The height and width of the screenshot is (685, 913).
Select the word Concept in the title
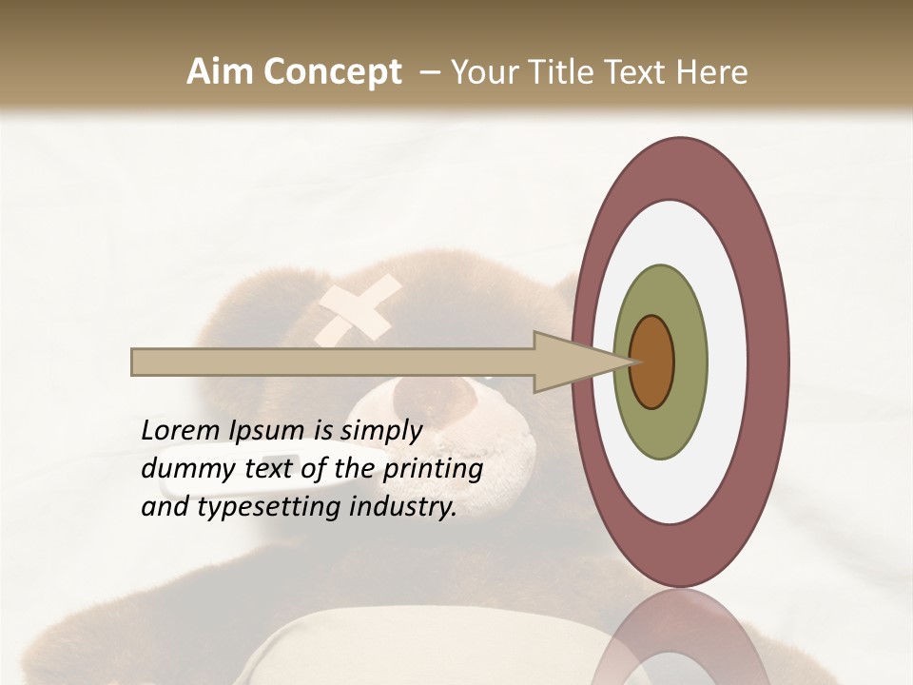332,72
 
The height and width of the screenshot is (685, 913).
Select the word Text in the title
641,72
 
